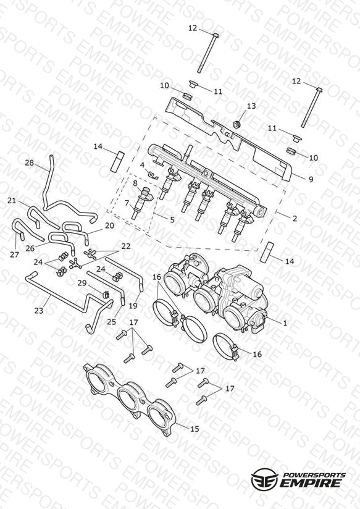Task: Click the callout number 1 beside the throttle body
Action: pyautogui.click(x=285, y=323)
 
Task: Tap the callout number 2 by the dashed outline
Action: pyautogui.click(x=295, y=219)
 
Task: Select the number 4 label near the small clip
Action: pyautogui.click(x=142, y=165)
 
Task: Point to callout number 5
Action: pyautogui.click(x=172, y=220)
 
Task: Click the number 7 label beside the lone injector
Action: pyautogui.click(x=127, y=203)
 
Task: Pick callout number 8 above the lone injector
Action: pyautogui.click(x=135, y=183)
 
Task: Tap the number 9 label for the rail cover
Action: pyautogui.click(x=311, y=179)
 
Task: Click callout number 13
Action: pyautogui.click(x=251, y=106)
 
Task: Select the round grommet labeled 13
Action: pyautogui.click(x=237, y=124)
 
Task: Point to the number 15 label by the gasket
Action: pyautogui.click(x=194, y=429)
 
